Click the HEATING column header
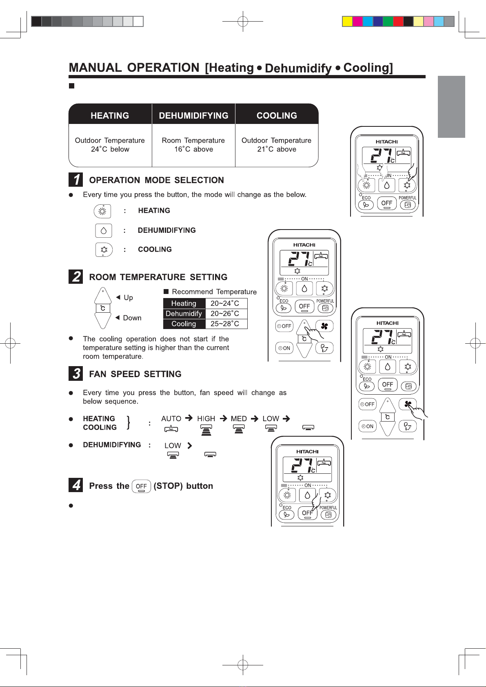click(110, 116)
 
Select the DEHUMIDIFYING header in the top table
click(193, 116)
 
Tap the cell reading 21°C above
click(277, 149)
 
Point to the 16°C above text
click(193, 149)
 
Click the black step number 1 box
click(75, 180)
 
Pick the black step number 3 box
click(75, 373)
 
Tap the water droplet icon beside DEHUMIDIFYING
click(104, 230)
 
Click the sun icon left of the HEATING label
click(102, 211)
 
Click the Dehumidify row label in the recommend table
click(184, 314)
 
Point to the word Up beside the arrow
click(128, 298)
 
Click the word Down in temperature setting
click(132, 318)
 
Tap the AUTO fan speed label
click(171, 419)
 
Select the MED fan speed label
click(239, 419)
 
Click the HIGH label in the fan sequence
click(206, 419)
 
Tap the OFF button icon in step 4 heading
click(141, 486)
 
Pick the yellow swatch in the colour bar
click(347, 22)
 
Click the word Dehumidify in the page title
click(298, 68)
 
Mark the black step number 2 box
click(75, 277)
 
